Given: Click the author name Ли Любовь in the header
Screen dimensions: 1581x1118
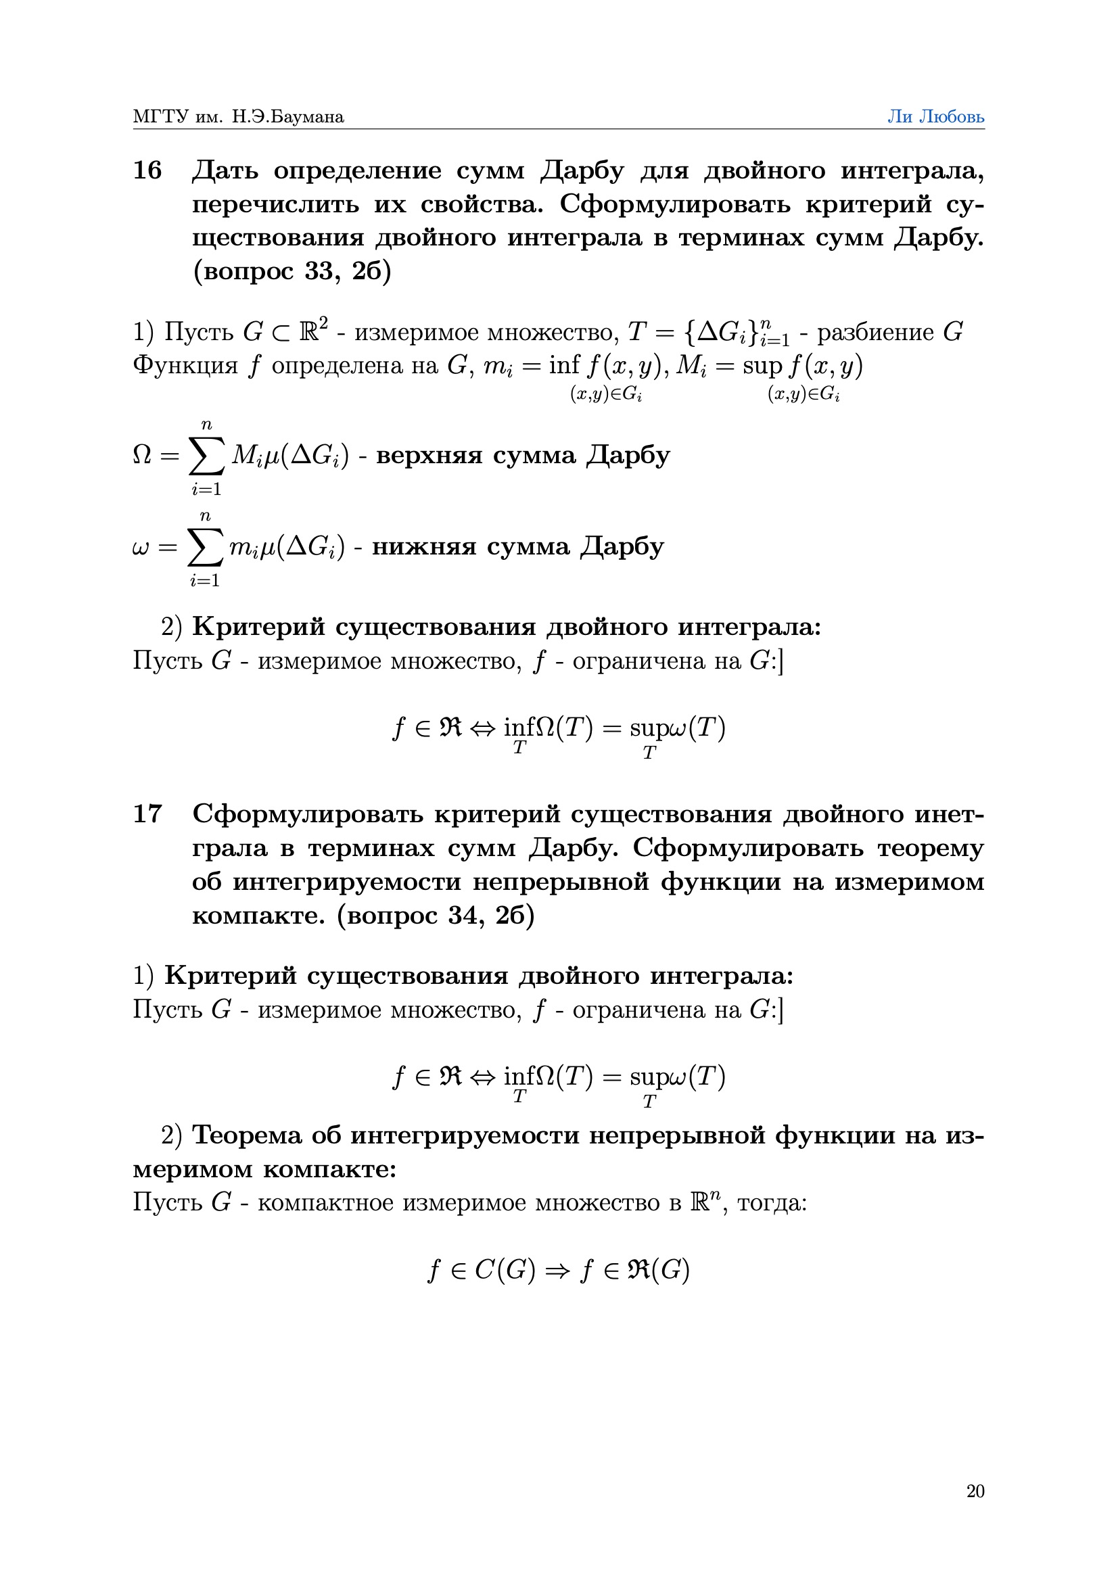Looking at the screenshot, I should click(x=935, y=116).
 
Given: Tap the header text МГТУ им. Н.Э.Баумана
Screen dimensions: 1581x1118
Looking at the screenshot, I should click(x=238, y=116).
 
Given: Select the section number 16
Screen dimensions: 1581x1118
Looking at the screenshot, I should click(x=147, y=170).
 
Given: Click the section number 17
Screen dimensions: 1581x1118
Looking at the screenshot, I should click(x=147, y=813).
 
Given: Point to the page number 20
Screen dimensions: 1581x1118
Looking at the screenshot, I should click(x=975, y=1491).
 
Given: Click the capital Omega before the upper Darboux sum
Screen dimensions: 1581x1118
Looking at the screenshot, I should click(x=141, y=455).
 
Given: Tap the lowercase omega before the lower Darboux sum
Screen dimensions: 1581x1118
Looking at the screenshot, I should click(x=140, y=548).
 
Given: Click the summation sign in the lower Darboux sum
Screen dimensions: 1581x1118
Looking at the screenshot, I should click(x=206, y=548).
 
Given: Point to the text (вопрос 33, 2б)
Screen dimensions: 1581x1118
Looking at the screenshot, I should click(x=292, y=271).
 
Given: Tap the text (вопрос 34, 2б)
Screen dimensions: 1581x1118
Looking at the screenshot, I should click(x=436, y=915).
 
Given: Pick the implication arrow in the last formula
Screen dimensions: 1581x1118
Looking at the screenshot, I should click(x=557, y=1271).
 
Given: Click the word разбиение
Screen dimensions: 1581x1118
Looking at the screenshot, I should click(x=875, y=333).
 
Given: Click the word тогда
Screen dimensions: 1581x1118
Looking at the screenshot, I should click(x=771, y=1203).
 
